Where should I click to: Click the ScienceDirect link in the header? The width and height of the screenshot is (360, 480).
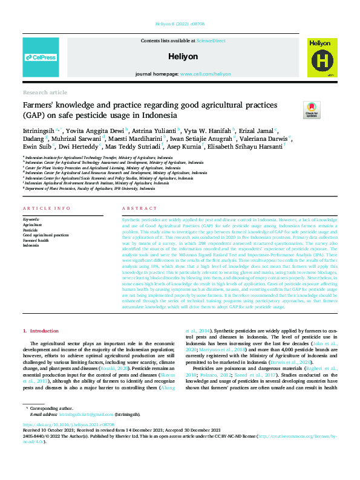point(211,41)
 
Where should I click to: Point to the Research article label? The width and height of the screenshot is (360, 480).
point(45,92)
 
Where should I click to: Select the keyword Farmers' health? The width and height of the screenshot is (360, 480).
point(36,241)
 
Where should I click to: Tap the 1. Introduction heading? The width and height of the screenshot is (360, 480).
point(41,331)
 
